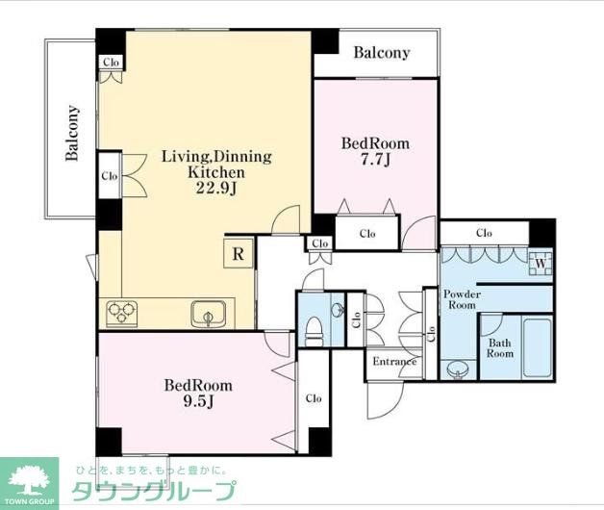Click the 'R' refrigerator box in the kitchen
[x=237, y=253]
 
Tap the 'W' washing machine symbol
[x=541, y=263]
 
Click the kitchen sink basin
[x=208, y=313]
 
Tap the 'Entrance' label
[x=394, y=362]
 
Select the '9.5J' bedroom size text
[x=197, y=403]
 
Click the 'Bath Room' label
[x=500, y=347]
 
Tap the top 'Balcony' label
[x=382, y=53]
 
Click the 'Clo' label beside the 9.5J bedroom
[x=314, y=397]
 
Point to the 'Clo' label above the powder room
[x=484, y=233]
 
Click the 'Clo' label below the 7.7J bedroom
[x=367, y=233]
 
